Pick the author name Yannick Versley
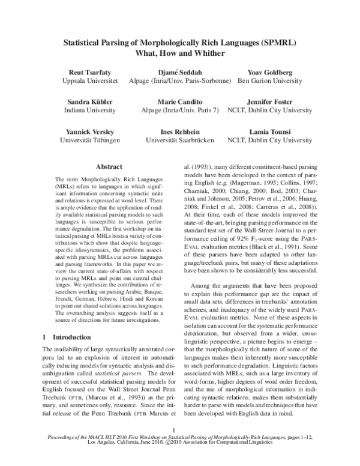pyautogui.click(x=91, y=132)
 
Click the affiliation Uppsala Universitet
pyautogui.click(x=91, y=80)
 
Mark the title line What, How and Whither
pyautogui.click(x=180, y=53)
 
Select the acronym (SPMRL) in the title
pyautogui.click(x=275, y=43)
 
